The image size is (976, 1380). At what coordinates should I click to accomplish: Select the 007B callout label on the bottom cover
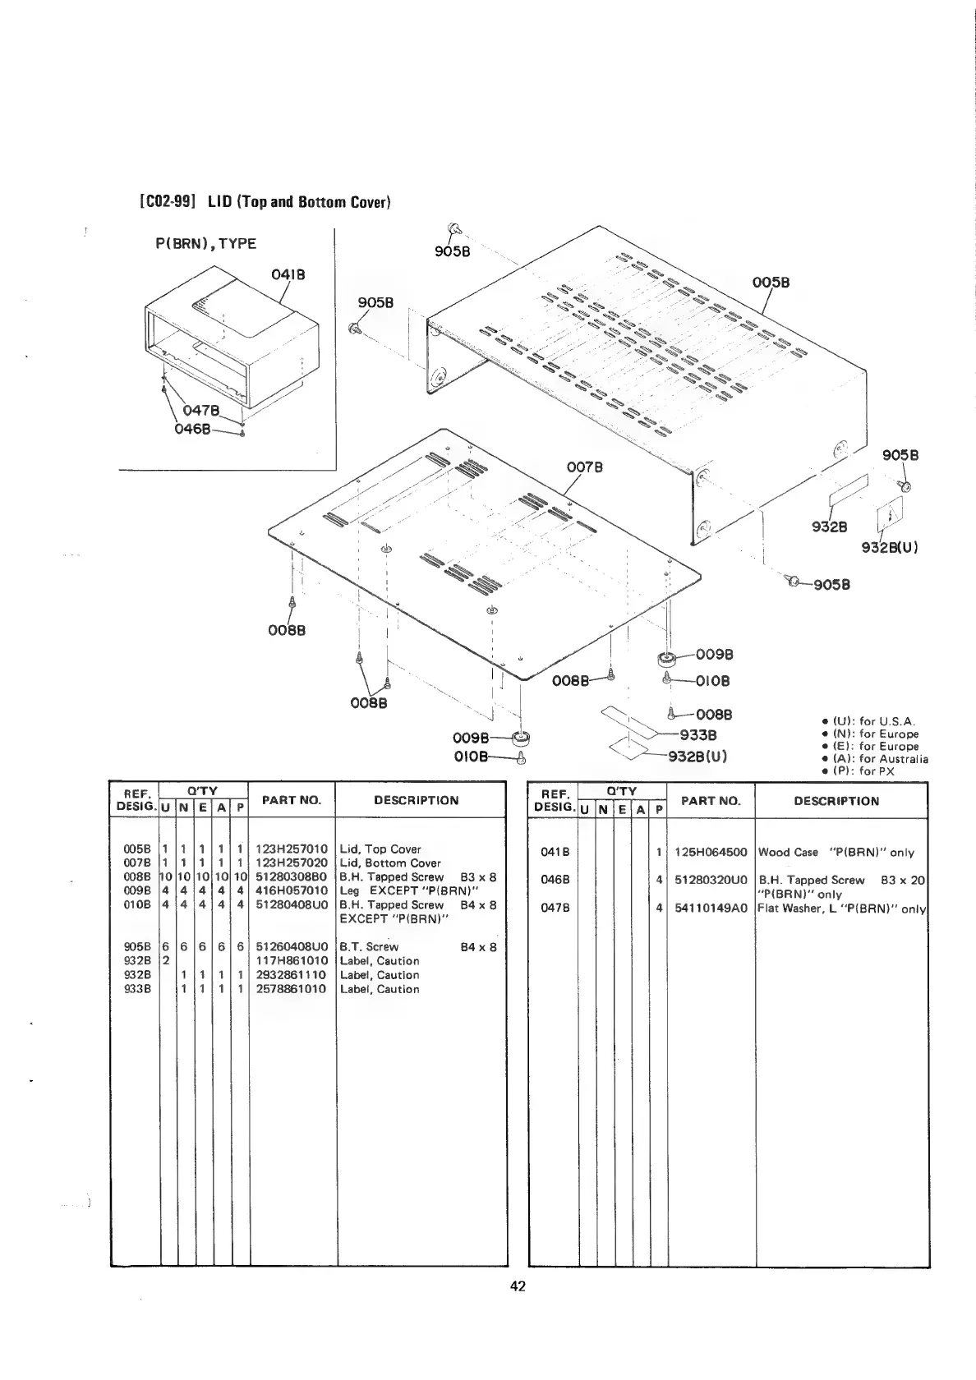pos(585,467)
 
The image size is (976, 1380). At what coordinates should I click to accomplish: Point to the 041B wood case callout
pos(288,274)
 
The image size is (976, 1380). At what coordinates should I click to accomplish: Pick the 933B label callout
pos(698,734)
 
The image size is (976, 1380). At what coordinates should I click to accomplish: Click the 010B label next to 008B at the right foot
pos(711,680)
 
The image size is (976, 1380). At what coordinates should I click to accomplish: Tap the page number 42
pos(518,1286)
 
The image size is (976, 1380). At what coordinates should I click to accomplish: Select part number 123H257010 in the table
pos(292,849)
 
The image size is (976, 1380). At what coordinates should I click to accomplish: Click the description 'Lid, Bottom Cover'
pos(390,863)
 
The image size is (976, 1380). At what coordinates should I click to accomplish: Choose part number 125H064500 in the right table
pos(711,853)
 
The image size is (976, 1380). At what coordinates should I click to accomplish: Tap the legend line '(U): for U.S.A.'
pos(874,722)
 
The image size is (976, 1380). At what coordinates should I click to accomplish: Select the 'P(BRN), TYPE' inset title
pos(205,243)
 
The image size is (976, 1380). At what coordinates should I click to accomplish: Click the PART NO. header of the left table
pos(292,799)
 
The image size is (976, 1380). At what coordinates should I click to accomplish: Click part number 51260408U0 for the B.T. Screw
pos(292,946)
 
